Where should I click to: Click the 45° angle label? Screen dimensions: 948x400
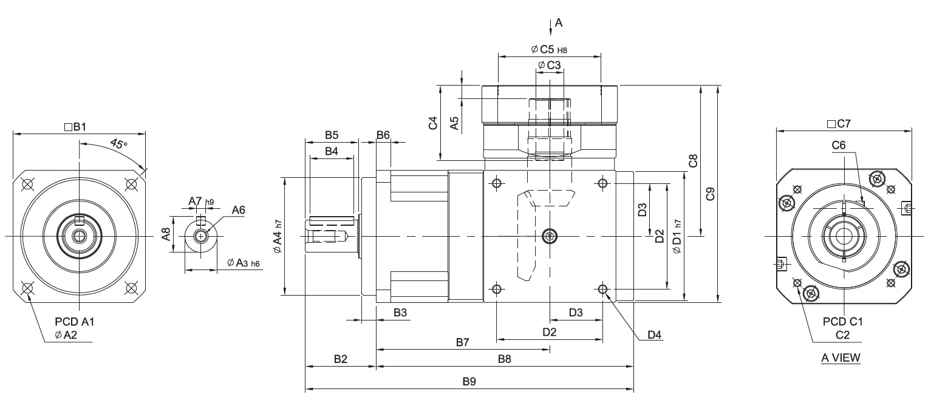(x=118, y=144)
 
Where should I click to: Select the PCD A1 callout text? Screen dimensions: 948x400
(x=75, y=322)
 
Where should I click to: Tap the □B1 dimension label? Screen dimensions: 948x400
(x=75, y=126)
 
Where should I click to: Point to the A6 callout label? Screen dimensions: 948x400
(x=238, y=210)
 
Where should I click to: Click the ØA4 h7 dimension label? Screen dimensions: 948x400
(x=278, y=237)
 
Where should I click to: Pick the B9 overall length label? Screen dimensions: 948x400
(x=469, y=381)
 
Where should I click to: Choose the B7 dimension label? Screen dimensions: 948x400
(x=463, y=342)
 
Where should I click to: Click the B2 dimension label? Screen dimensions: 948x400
(x=340, y=359)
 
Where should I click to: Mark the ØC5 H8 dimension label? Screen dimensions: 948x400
(x=549, y=50)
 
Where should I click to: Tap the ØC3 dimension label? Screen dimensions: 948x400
(x=550, y=65)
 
